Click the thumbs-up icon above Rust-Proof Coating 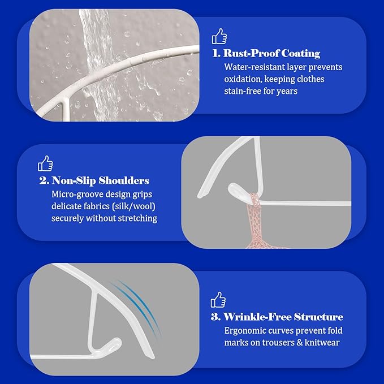pos(219,36)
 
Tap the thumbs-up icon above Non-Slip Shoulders pos(45,163)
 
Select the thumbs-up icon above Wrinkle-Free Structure pos(218,300)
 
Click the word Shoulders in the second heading pos(124,181)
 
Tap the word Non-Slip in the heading pos(74,181)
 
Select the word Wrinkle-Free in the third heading pos(257,317)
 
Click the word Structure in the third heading pos(318,317)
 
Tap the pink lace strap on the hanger pos(255,221)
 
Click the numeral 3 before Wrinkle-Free pos(215,317)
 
